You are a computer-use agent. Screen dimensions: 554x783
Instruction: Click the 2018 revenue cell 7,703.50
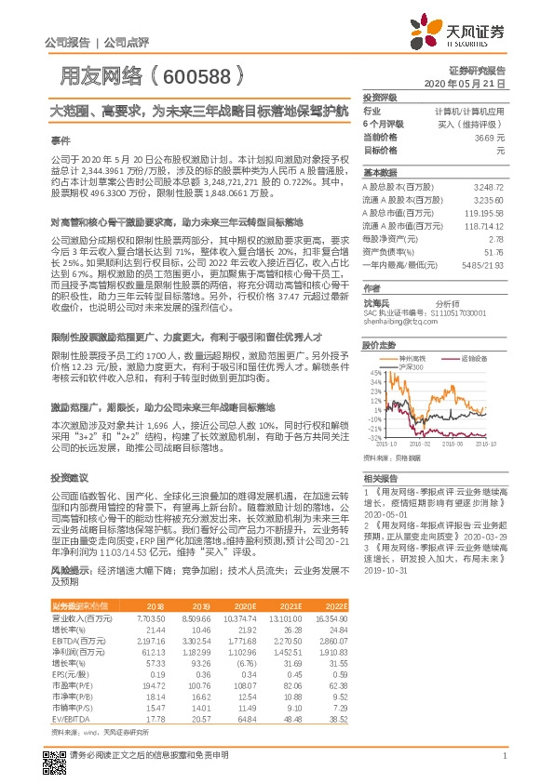151,617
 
